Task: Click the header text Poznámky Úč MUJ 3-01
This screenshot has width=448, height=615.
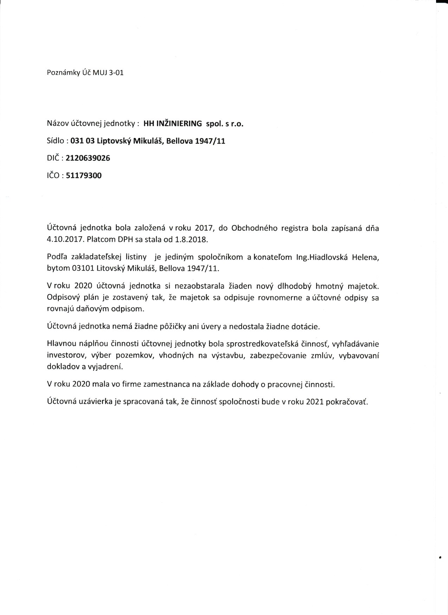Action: tap(85, 73)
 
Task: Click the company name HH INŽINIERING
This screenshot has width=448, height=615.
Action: tap(173, 124)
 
